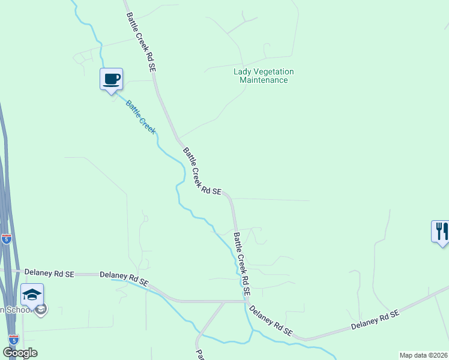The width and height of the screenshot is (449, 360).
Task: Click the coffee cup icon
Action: [111, 79]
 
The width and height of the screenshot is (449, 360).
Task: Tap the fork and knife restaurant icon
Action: [441, 230]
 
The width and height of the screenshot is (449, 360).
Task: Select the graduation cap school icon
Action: [32, 294]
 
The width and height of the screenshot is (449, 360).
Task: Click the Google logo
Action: [20, 353]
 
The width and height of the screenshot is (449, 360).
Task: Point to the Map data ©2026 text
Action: [424, 355]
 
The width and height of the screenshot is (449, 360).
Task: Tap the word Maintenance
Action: [264, 80]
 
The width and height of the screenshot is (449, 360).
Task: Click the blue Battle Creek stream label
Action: [140, 116]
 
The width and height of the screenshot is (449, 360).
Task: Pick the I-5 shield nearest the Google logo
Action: [13, 340]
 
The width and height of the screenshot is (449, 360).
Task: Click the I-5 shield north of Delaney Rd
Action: [6, 239]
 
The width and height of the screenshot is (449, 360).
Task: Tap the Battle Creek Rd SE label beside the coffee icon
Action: [142, 43]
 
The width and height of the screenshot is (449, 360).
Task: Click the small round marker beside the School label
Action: [41, 310]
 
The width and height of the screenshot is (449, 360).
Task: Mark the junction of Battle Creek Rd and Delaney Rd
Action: [246, 301]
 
